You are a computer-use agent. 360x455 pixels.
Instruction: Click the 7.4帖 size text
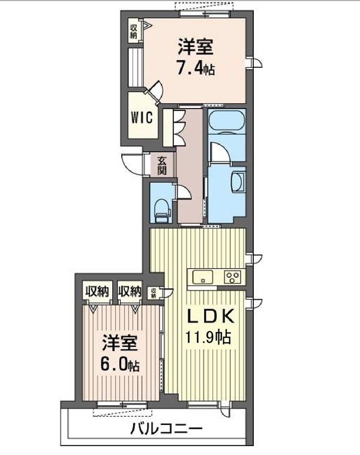pos(196,67)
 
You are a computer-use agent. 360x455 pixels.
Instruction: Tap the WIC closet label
pos(141,116)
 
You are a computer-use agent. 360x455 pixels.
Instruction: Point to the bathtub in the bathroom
pos(227,122)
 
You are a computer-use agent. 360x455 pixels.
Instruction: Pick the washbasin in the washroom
pos(238,180)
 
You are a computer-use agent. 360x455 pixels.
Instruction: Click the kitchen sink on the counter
pos(203,277)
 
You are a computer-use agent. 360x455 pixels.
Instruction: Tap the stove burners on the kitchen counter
pos(232,277)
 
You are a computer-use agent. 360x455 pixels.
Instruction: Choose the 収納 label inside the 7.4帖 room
pos(133,29)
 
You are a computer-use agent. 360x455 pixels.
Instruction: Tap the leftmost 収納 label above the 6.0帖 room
pos(96,292)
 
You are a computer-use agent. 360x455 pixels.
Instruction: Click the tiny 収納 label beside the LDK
pos(154,293)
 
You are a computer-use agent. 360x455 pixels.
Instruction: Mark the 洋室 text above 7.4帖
pos(195,46)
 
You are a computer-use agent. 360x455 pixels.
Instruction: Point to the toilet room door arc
pos(184,191)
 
